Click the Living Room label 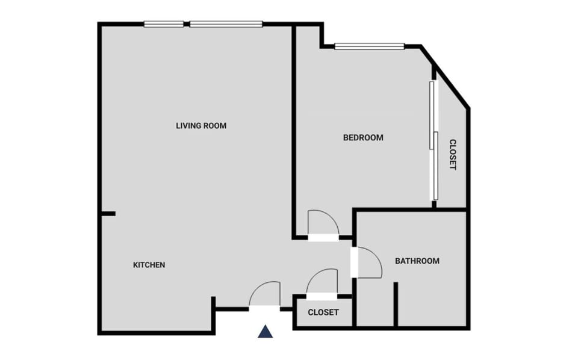coord(201,126)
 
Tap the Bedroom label coord(363,137)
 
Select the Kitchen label coord(149,265)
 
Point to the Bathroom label coord(417,261)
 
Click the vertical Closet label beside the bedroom coord(452,155)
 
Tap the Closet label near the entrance coord(323,312)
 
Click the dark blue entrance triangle coord(266,331)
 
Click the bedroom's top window coord(369,46)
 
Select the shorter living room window coord(164,24)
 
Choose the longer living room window coord(226,24)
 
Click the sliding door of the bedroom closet coord(433,140)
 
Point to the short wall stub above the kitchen coord(108,214)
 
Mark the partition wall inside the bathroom coord(396,304)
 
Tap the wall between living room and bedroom coord(294,132)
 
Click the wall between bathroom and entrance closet coord(355,304)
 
